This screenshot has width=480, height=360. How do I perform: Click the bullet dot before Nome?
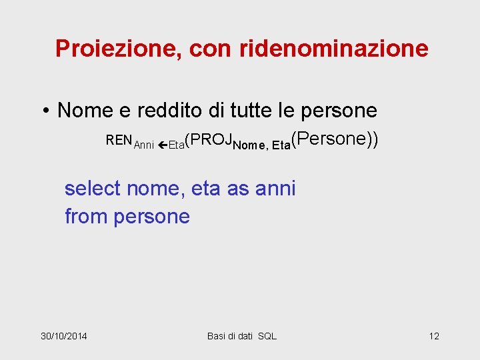(48, 110)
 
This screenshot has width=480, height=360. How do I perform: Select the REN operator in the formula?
(119, 141)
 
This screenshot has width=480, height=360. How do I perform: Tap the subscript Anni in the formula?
(144, 145)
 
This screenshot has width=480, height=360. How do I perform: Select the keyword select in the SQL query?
(92, 189)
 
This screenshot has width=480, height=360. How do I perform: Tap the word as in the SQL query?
(238, 189)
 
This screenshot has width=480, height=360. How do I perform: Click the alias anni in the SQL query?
(275, 189)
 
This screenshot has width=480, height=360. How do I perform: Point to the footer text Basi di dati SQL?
(242, 335)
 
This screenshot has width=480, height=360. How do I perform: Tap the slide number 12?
(434, 335)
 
